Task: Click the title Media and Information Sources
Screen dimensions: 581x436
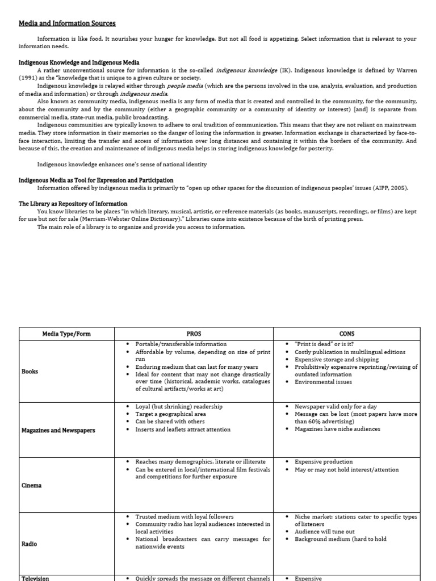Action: tap(67, 23)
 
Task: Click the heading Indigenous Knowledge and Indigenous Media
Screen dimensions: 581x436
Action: tap(79, 62)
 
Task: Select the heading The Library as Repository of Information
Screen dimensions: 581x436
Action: tap(73, 204)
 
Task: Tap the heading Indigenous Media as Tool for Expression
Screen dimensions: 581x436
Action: tap(96, 180)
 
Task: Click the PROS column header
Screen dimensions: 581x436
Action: tap(194, 334)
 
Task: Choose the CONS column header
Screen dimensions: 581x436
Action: tap(347, 334)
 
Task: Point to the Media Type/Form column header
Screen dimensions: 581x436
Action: tap(67, 334)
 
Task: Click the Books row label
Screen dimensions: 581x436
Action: tap(30, 372)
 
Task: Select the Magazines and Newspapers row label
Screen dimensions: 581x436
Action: tap(58, 430)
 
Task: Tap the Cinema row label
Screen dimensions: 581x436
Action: tap(31, 486)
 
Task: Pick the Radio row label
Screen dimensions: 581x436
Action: tap(29, 544)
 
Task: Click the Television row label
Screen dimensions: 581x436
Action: tap(35, 578)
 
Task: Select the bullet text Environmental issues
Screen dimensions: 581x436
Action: tap(323, 382)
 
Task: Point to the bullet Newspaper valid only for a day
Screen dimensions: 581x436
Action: tap(336, 407)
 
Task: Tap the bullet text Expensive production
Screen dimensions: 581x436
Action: tap(324, 462)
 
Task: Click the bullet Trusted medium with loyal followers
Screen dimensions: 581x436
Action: tap(184, 517)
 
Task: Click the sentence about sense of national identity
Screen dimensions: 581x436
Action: tap(122, 165)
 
